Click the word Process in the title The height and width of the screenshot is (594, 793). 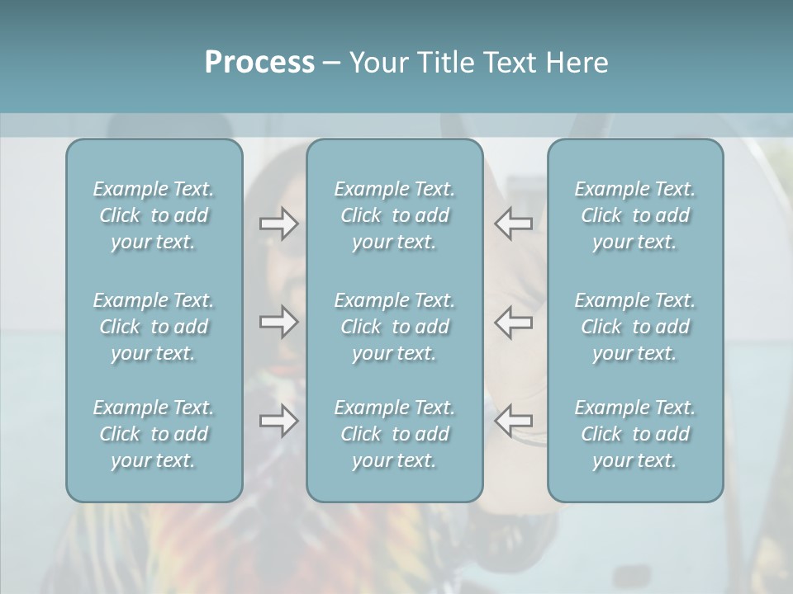[259, 63]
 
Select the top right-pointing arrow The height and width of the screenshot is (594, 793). [278, 224]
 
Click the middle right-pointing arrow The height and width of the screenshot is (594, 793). [278, 322]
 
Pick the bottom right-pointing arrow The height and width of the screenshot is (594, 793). [278, 421]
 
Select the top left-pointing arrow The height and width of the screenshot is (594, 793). [514, 224]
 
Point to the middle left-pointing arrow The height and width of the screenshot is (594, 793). [514, 322]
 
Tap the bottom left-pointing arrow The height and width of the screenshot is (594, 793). [514, 421]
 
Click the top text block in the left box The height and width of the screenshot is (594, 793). [154, 215]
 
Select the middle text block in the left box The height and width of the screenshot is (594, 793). [154, 327]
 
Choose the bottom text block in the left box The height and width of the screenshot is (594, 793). [154, 434]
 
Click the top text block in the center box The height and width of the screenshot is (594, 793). [395, 215]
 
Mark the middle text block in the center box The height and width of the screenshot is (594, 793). [395, 327]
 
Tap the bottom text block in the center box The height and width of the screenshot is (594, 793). [395, 434]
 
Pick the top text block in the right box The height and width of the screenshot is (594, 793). [635, 215]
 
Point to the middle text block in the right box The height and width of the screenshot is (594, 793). [635, 327]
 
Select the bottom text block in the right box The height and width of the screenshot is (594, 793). [635, 434]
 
